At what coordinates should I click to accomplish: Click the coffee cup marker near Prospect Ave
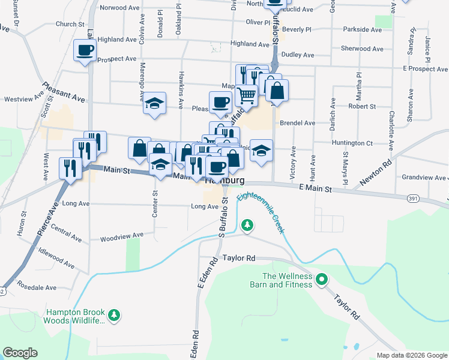pyautogui.click(x=84, y=50)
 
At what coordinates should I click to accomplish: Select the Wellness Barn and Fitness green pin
pyautogui.click(x=322, y=279)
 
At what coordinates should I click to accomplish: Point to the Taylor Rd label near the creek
pyautogui.click(x=239, y=258)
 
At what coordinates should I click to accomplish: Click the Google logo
pyautogui.click(x=20, y=353)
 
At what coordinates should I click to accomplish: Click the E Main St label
pyautogui.click(x=315, y=189)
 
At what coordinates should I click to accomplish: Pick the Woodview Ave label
pyautogui.click(x=122, y=236)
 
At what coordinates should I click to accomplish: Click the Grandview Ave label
pyautogui.click(x=424, y=178)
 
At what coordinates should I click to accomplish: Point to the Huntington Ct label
pyautogui.click(x=352, y=143)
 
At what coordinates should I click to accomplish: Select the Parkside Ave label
pyautogui.click(x=362, y=29)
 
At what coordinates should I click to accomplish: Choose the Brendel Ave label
pyautogui.click(x=301, y=123)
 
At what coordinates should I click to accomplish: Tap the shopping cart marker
pyautogui.click(x=246, y=94)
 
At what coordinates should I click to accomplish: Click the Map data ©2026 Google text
pyautogui.click(x=411, y=355)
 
